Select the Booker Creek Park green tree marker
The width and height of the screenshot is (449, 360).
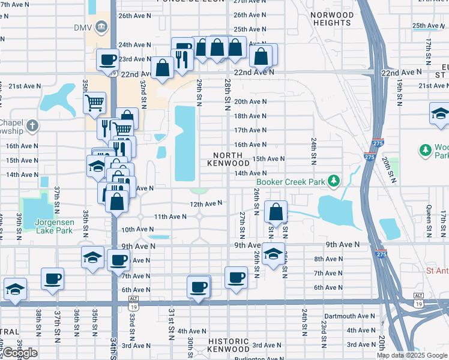[x=337, y=181]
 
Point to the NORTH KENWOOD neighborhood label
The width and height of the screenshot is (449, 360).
[x=228, y=159]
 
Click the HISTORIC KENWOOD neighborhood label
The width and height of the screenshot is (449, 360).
[x=229, y=344]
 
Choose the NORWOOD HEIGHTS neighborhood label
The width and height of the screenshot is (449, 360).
[x=332, y=19]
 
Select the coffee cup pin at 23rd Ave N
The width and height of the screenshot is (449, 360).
[x=108, y=59]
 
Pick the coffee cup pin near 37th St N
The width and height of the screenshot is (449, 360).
[x=53, y=278]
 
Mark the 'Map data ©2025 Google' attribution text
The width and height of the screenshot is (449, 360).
[x=412, y=355]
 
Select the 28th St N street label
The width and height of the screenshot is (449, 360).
[x=228, y=91]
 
